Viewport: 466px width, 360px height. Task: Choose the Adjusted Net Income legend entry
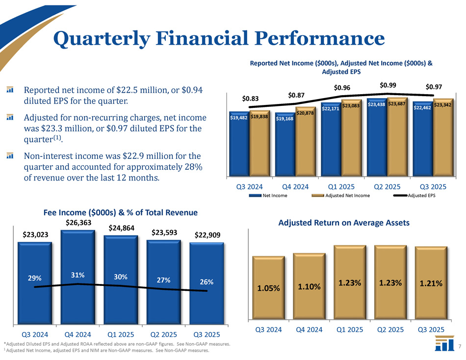[348, 196]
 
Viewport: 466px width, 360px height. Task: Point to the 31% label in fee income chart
[77, 275]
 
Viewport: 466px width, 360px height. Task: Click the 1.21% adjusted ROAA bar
[430, 283]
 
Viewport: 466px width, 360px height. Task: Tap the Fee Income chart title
[120, 212]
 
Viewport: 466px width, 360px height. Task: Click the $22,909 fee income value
[207, 235]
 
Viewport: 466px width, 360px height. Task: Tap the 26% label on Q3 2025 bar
[207, 282]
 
